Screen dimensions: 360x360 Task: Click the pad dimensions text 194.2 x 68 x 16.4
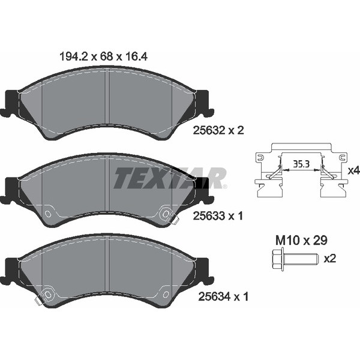[x=103, y=56]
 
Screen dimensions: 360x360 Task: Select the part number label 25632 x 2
[x=218, y=130]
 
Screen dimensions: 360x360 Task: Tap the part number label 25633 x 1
[x=218, y=216]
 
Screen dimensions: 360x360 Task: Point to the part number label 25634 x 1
[x=223, y=296]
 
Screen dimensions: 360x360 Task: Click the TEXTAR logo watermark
[x=170, y=178]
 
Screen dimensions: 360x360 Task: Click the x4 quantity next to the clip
[x=353, y=170]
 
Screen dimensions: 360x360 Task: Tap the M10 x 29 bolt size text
[x=301, y=241]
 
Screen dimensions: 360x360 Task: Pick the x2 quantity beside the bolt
[x=330, y=259]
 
